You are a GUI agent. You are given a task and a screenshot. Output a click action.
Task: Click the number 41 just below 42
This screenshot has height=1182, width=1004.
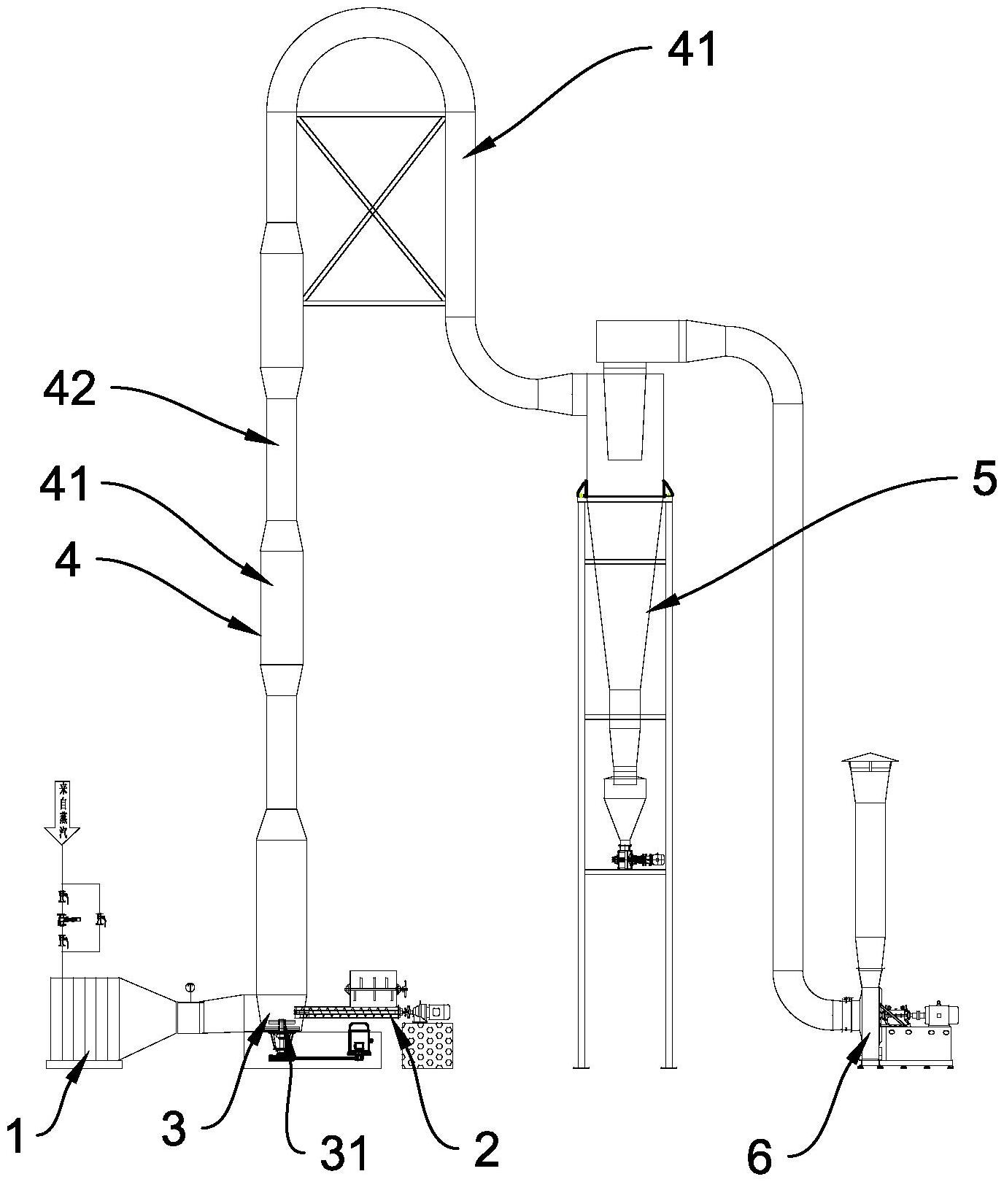(64, 484)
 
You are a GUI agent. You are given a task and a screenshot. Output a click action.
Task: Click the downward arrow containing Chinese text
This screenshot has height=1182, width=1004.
(63, 813)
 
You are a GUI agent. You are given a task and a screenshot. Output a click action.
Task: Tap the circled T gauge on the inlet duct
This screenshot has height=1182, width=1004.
(190, 988)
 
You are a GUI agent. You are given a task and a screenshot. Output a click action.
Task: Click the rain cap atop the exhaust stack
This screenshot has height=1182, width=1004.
(871, 760)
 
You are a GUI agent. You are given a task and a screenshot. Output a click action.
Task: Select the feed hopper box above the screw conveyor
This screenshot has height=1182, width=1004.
(374, 986)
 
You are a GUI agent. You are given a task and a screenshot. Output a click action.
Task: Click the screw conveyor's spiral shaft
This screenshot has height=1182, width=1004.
(346, 1011)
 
